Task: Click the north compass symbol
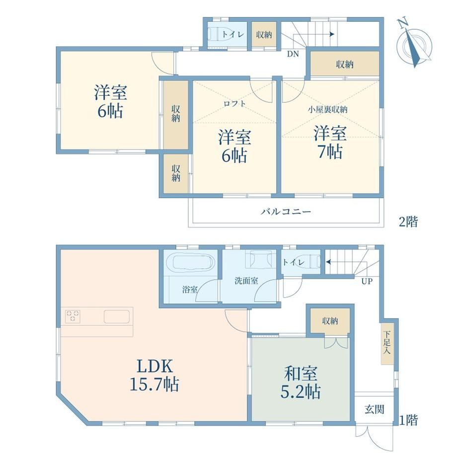pos(414,44)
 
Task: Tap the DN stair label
pos(293,54)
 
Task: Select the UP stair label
pos(367,282)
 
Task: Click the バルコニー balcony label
pos(286,211)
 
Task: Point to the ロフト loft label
pos(234,103)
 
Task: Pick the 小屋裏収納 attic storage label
pos(328,110)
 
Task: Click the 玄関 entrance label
pos(375,409)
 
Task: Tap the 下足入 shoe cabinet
pos(387,343)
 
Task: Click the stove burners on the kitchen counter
pos(73,316)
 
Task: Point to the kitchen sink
pos(117,316)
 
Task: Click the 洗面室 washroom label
pos(246,281)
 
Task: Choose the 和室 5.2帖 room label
pos(301,382)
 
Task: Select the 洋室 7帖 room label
pos(330,142)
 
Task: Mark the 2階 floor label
pos(408,222)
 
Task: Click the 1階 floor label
pos(408,421)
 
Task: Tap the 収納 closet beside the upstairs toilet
pos(264,35)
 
